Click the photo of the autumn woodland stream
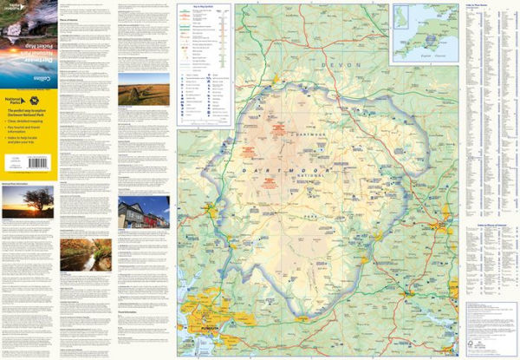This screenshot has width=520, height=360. coord(84,255)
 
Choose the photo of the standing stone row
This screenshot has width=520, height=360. coord(143,88)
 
